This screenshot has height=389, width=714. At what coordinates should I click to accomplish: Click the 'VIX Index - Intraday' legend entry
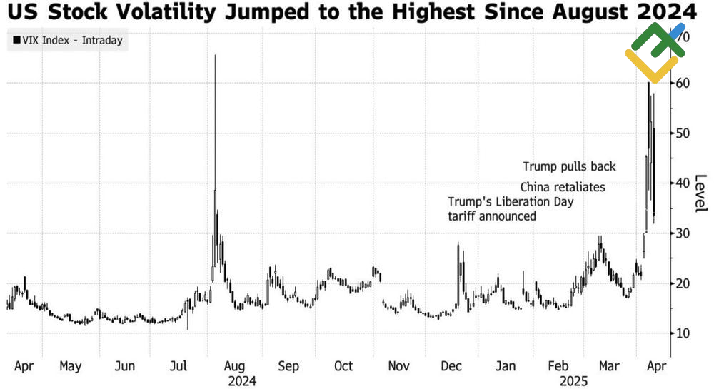pos(66,41)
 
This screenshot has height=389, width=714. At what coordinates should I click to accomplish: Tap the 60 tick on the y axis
pos(683,84)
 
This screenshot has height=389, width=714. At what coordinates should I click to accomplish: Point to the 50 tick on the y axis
pos(683,133)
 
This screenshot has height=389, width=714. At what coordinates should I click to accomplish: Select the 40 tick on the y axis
pos(683,183)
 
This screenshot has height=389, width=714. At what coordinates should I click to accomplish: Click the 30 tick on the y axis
pos(683,233)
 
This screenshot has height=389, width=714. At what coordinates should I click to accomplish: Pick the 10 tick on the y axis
pos(683,333)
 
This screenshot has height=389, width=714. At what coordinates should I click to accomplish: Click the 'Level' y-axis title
pos(700,193)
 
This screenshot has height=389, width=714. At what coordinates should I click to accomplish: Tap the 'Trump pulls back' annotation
pos(569,166)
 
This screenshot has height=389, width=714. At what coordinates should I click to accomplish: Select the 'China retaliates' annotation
pos(562,187)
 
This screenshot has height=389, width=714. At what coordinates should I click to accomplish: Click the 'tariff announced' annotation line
pos(492,216)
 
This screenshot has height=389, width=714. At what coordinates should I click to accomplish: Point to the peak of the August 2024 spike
pos(215,55)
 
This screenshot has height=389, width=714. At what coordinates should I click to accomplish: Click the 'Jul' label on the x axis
pos(178,366)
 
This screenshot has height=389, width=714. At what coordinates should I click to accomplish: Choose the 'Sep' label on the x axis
pos(288,366)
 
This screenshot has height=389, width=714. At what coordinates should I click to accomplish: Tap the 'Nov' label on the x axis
pos(398,366)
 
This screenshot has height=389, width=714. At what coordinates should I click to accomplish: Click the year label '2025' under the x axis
pos(573,381)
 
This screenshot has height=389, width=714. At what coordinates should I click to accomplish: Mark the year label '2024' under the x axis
pos(242,381)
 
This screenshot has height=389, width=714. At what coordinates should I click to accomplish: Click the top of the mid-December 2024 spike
pos(458,243)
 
